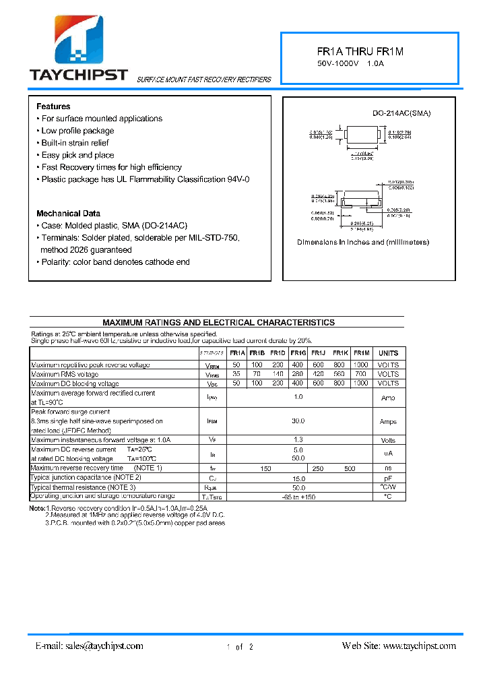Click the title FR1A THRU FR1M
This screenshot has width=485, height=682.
pos(360,51)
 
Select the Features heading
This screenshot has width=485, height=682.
pos(53,106)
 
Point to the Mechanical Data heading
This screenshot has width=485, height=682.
pos(68,214)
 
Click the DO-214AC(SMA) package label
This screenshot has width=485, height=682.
pos(401,113)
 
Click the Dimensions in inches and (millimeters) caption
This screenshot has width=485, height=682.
pos(363,242)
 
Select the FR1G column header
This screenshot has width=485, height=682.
pos(298,353)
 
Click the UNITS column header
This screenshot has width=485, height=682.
pos(388,353)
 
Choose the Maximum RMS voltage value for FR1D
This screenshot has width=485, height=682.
pos(278,374)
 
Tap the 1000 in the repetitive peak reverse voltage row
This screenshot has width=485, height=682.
pos(361,365)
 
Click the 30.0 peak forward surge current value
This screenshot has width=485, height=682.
pos(298,421)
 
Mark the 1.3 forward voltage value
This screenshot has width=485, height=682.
pos(298,440)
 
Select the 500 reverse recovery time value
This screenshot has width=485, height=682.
pos(350,468)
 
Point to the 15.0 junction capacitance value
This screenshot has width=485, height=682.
pos(298,478)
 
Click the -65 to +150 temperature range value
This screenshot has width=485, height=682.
pos(298,497)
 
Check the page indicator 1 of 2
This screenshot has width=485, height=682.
pos(240,647)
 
